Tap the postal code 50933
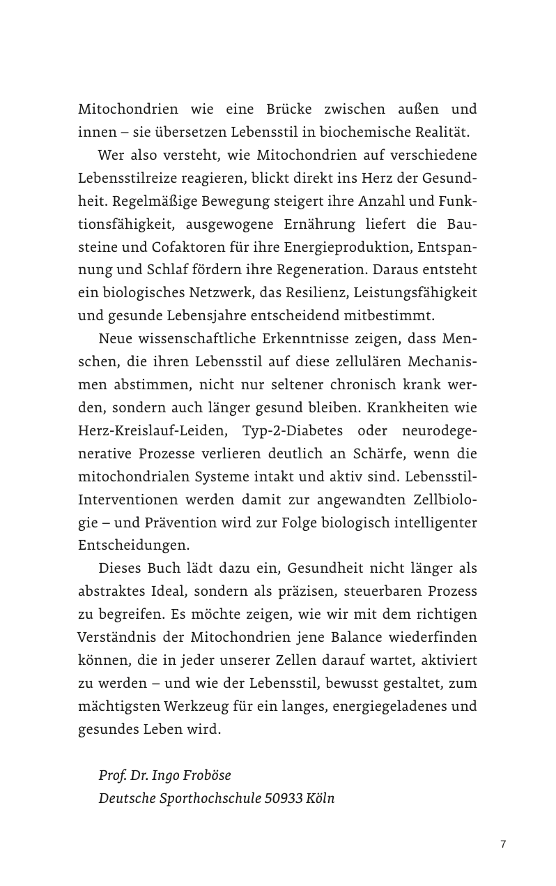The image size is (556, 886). (x=283, y=799)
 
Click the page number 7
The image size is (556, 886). (x=503, y=845)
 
